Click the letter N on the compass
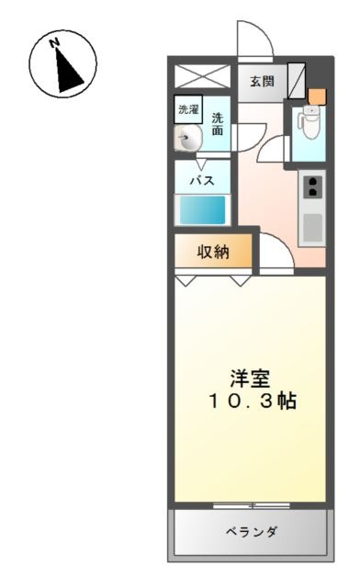point(55,43)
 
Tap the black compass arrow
point(68,71)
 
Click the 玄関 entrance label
point(262,81)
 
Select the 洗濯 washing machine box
point(188,109)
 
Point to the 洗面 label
point(218,124)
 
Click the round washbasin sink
point(187,138)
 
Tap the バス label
point(202,181)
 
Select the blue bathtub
point(202,210)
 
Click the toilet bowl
point(309,122)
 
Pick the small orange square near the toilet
point(317,96)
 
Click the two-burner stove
point(312,187)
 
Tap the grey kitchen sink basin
point(312,228)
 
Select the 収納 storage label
point(213,252)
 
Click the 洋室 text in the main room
point(250,379)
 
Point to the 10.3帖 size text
point(253,401)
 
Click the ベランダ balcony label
point(252,531)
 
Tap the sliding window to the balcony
point(252,505)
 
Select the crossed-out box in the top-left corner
point(202,76)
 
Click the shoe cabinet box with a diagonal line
point(297,81)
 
